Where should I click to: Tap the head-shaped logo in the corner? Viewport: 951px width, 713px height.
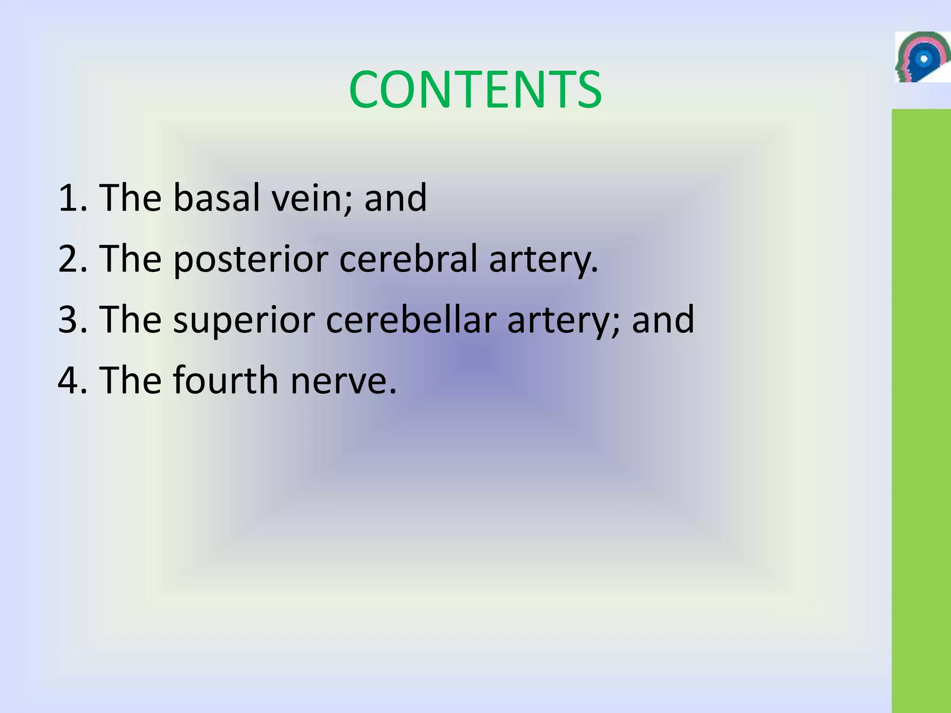click(922, 57)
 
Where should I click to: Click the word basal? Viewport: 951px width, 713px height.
click(216, 198)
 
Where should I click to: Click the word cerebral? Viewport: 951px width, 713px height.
click(408, 259)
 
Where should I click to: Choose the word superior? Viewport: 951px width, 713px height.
click(244, 321)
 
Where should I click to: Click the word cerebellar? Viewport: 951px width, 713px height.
click(411, 320)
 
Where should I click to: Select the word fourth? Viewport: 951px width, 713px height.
click(226, 381)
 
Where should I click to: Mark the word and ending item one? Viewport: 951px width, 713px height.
click(395, 198)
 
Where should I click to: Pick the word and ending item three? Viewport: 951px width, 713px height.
click(663, 320)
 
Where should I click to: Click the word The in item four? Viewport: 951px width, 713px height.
click(130, 381)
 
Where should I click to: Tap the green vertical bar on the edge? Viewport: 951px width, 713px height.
click(921, 408)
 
